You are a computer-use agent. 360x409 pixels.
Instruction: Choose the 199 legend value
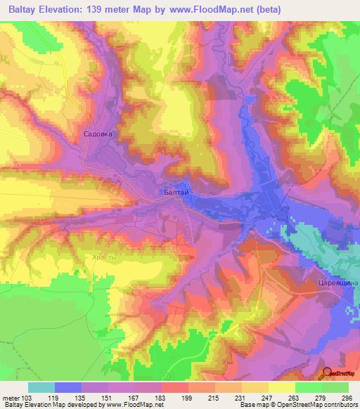(188, 397)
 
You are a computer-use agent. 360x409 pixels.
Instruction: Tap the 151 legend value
(108, 397)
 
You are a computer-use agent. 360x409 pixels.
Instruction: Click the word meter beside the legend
(11, 397)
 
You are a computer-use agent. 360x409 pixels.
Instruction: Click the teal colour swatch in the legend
(41, 387)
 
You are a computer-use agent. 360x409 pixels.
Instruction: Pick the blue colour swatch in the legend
(68, 387)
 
